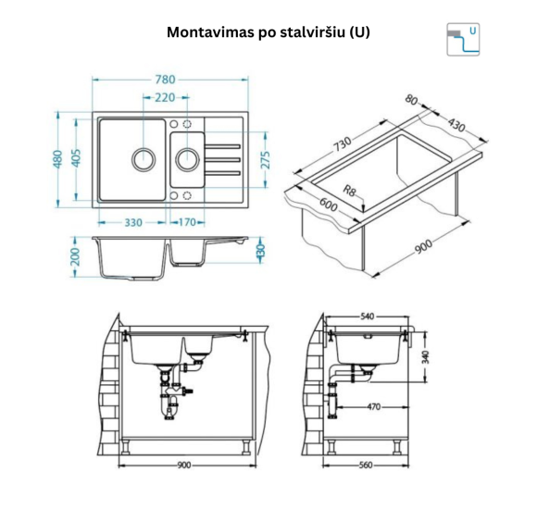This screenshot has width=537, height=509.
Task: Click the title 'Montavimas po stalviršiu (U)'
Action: pyautogui.click(x=268, y=31)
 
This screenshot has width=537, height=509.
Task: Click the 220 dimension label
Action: pyautogui.click(x=165, y=98)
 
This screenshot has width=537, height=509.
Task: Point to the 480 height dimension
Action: pyautogui.click(x=58, y=159)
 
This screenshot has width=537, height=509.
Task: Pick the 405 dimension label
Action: pyautogui.click(x=78, y=159)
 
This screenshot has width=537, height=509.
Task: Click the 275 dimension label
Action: pyautogui.click(x=265, y=159)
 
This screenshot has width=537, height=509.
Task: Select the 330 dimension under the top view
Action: pyautogui.click(x=132, y=222)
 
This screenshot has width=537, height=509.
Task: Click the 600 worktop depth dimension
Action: pyautogui.click(x=326, y=206)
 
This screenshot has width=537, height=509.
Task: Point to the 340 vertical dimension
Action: pyautogui.click(x=427, y=356)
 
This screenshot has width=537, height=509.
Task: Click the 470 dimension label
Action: pyautogui.click(x=372, y=405)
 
